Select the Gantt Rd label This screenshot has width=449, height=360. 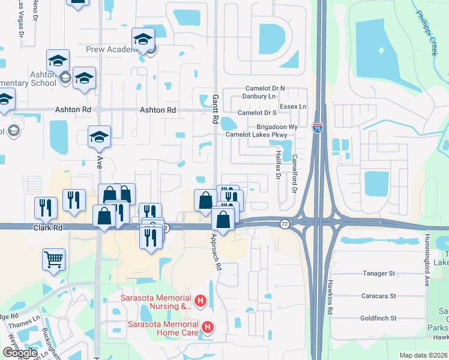click(214, 109)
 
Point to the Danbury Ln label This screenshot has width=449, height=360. click(259, 96)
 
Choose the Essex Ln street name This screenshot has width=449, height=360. click(294, 107)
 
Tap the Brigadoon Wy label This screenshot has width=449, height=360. click(277, 127)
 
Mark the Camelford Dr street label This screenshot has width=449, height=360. click(295, 173)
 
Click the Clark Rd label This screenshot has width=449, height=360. click(48, 229)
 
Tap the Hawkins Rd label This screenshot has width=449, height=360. click(330, 297)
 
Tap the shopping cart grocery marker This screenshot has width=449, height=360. click(53, 260)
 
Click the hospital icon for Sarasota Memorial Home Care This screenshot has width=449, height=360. click(207, 327)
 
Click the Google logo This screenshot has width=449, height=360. click(20, 353)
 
